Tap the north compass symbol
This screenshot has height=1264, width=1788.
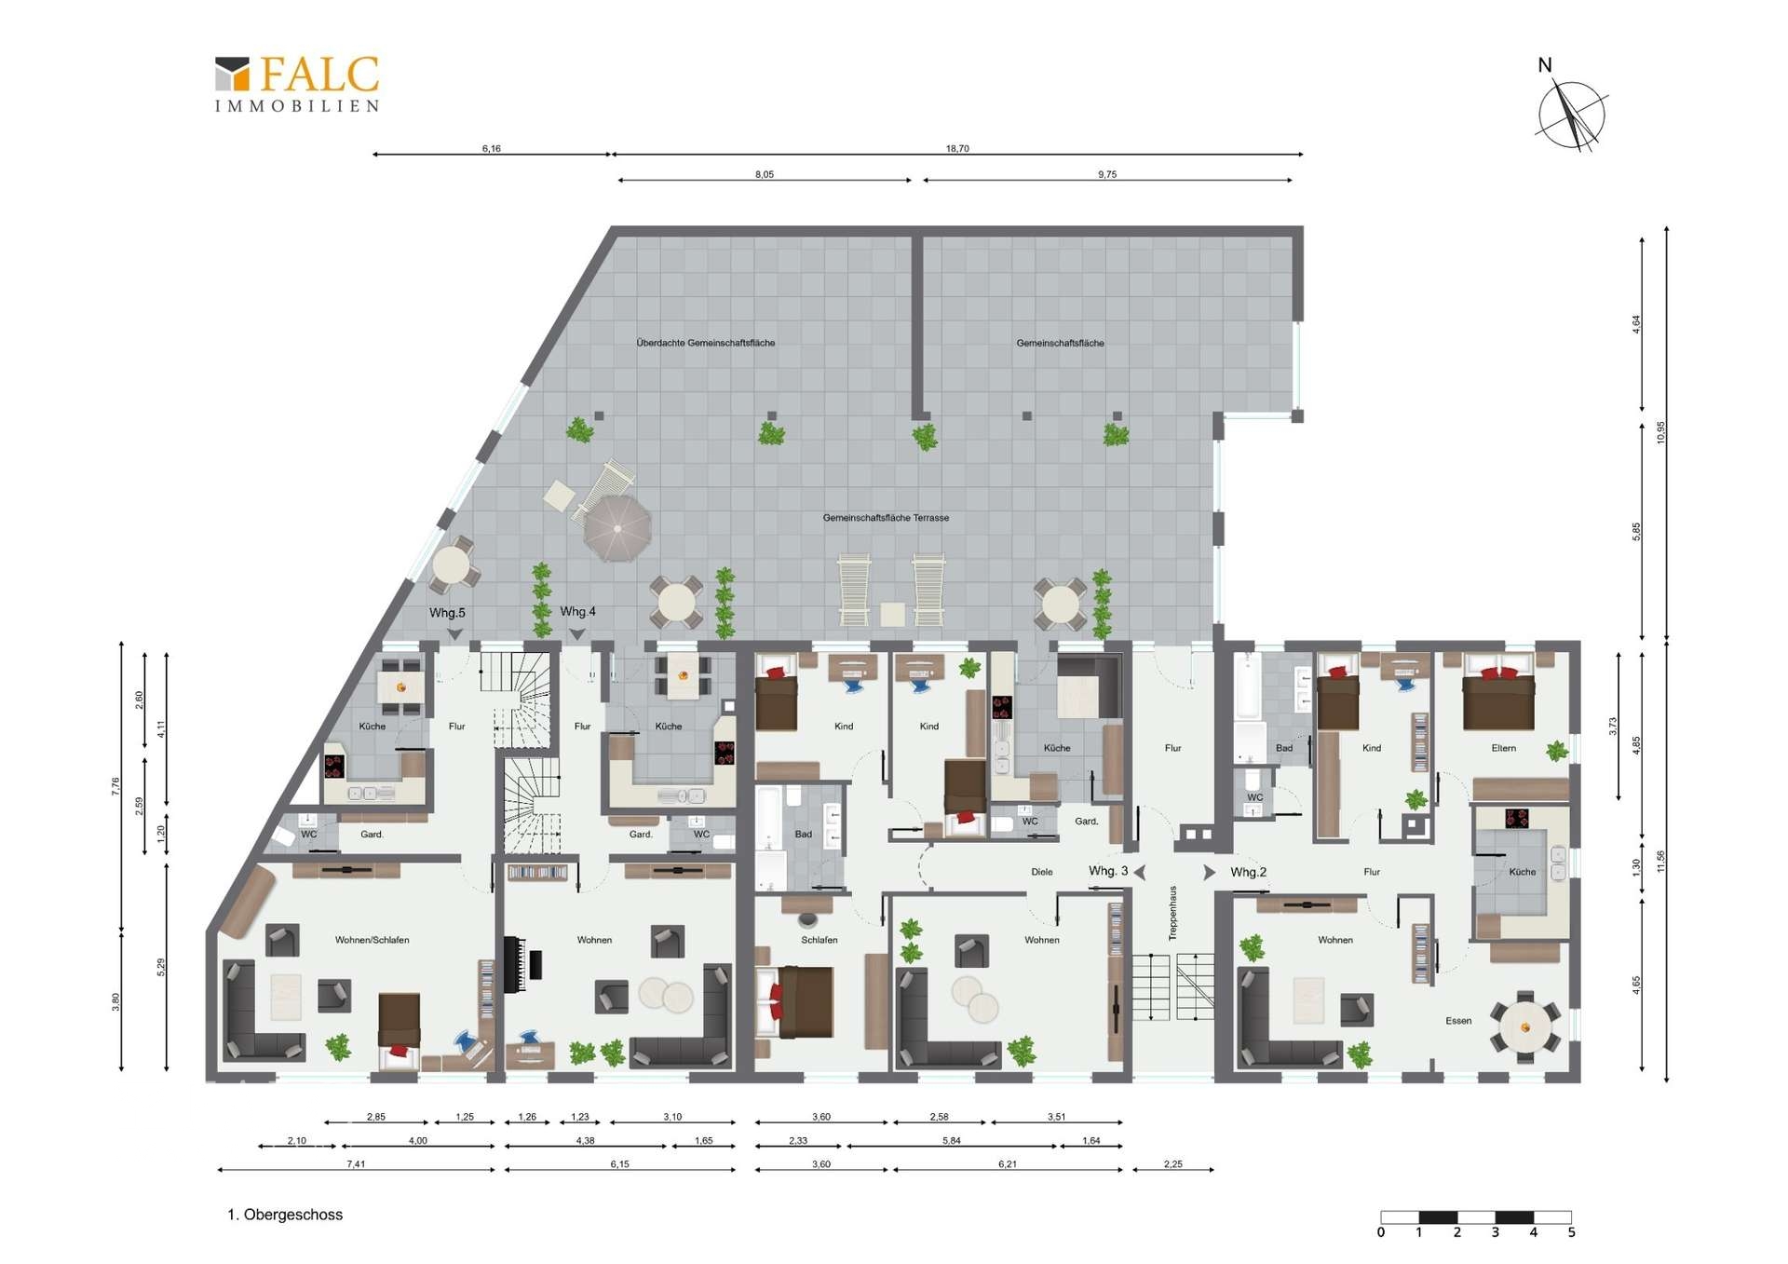(1571, 110)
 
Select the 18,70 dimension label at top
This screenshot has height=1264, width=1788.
(957, 148)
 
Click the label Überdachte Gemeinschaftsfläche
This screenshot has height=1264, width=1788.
(706, 343)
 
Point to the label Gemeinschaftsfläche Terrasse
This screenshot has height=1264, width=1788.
(886, 518)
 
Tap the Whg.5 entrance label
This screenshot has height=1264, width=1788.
(447, 613)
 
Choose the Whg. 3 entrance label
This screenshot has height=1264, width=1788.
(1108, 871)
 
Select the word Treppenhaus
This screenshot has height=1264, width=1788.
(1172, 913)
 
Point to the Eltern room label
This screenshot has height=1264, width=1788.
(1503, 748)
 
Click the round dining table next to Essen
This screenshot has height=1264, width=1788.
(1524, 1027)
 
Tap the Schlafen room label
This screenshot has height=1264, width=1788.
(819, 940)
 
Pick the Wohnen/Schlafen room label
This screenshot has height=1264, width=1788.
(372, 940)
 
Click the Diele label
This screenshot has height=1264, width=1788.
(1042, 872)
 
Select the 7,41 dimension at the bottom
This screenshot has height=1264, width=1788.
(356, 1164)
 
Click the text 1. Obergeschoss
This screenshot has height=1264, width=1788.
(285, 1215)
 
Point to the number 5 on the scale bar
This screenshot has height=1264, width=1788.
(1572, 1233)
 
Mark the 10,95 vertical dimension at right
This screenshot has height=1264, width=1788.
(1660, 432)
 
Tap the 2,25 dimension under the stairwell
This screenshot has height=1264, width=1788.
(1172, 1164)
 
